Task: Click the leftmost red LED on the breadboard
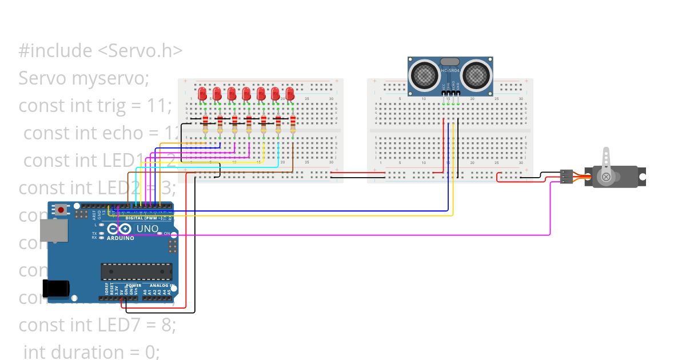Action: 202,94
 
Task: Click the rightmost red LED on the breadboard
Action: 290,94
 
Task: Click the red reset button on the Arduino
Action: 61,210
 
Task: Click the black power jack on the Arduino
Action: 57,288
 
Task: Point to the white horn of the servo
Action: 606,166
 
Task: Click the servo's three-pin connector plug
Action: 567,177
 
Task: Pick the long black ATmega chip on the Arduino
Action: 137,271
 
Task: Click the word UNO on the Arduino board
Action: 147,229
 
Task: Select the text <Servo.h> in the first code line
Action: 140,50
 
